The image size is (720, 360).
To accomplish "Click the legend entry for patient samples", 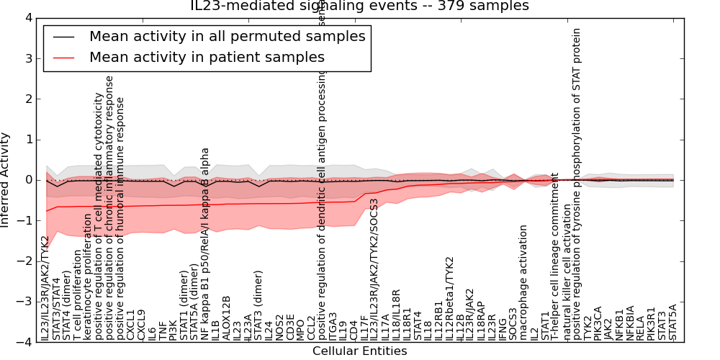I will pyautogui.click(x=207, y=57).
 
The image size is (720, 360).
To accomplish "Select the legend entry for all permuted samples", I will pyautogui.click(x=227, y=36).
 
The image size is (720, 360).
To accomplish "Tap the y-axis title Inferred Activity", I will pyautogui.click(x=6, y=180).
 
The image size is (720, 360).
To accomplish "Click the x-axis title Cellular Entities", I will pyautogui.click(x=359, y=351).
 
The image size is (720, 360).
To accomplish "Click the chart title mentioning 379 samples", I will pyautogui.click(x=359, y=6).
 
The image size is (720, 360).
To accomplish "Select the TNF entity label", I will pyautogui.click(x=163, y=330).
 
